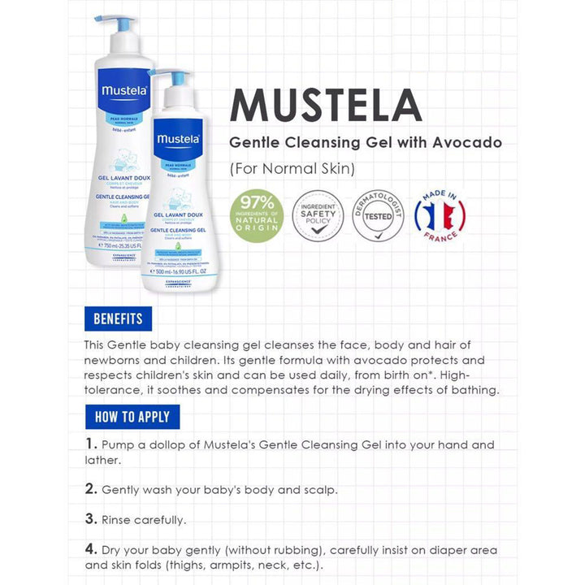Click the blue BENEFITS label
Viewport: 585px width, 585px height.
tap(118, 318)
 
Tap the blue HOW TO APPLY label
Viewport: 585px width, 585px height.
tap(132, 417)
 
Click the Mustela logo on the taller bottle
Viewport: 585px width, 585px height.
tap(123, 90)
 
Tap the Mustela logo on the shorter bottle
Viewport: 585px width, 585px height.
tap(179, 136)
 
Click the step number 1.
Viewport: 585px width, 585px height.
tap(91, 444)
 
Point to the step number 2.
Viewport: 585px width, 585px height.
tap(92, 489)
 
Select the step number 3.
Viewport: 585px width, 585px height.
tap(92, 518)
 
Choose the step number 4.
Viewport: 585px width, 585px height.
tap(92, 548)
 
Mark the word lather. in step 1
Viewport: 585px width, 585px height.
tap(103, 460)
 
